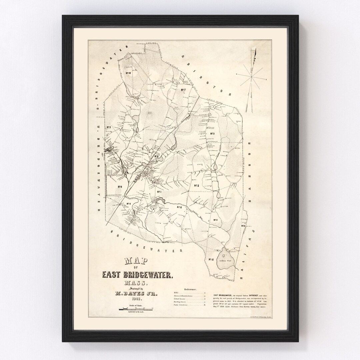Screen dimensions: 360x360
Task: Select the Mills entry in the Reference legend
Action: pyautogui.click(x=176, y=292)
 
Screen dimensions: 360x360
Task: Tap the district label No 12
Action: pyautogui.click(x=211, y=259)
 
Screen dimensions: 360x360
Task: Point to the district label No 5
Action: pyautogui.click(x=212, y=134)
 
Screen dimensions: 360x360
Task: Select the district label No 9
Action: pyautogui.click(x=120, y=187)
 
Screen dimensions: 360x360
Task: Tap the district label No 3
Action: pyautogui.click(x=109, y=127)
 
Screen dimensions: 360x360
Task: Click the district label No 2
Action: pyautogui.click(x=197, y=186)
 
